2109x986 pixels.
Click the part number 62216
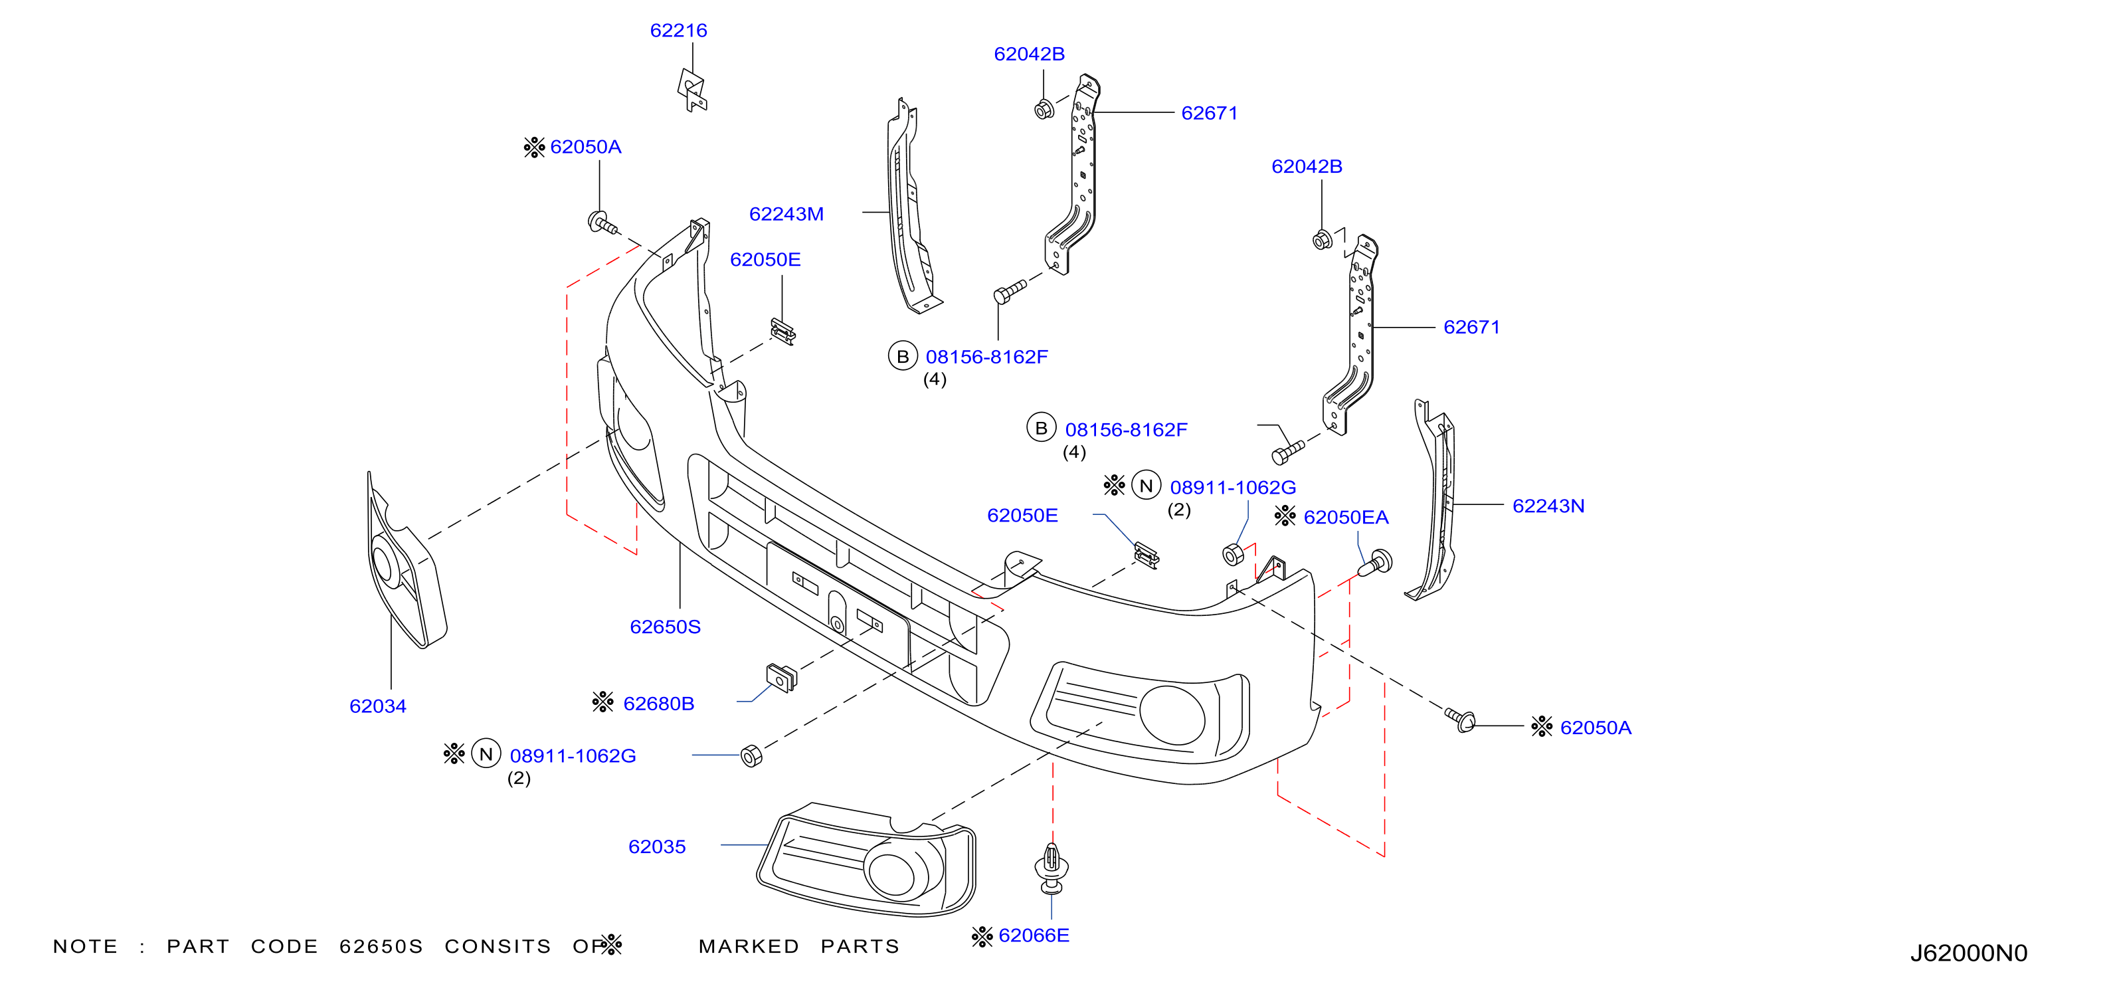(x=678, y=31)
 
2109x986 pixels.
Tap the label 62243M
(x=786, y=214)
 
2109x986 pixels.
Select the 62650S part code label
(x=665, y=627)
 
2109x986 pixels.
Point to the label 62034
(x=377, y=706)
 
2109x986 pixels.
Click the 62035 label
(x=656, y=846)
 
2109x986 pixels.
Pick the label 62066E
(x=1034, y=936)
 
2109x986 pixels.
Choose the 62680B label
(x=658, y=704)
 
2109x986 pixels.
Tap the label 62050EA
(x=1346, y=518)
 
